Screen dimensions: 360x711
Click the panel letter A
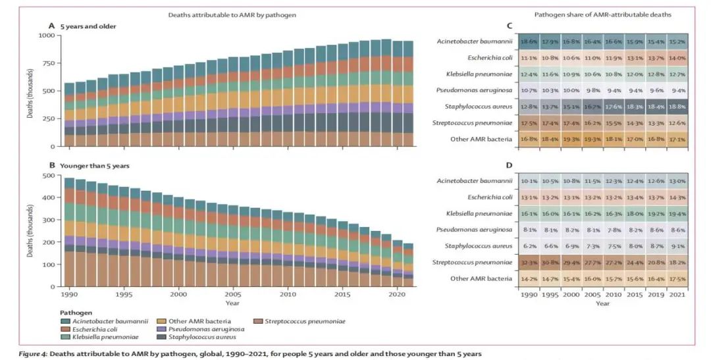point(52,26)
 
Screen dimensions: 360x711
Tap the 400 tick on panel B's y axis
point(51,198)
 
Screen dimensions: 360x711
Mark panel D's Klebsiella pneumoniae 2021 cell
point(677,213)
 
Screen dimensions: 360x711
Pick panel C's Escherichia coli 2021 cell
point(677,58)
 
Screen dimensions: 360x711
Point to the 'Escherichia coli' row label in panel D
point(488,196)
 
